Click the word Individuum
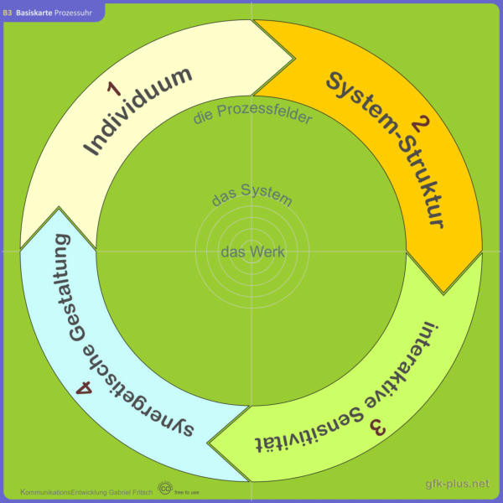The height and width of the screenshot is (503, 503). [138, 111]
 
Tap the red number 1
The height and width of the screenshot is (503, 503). [114, 89]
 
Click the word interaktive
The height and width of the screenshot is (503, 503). [402, 366]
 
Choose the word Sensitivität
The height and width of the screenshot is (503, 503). [309, 432]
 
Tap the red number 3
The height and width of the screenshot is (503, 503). [378, 427]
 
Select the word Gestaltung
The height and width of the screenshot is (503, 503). [70, 288]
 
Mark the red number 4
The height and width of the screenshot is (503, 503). [84, 387]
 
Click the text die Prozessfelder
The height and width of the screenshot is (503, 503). [252, 113]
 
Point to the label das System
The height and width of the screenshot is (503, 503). [252, 194]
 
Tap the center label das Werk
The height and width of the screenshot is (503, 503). [252, 251]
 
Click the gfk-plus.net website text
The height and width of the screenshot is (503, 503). [458, 484]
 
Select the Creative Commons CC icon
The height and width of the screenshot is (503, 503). [165, 488]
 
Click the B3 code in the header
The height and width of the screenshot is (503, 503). [8, 13]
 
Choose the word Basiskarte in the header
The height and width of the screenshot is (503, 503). [34, 13]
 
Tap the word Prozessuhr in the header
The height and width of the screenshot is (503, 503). [73, 13]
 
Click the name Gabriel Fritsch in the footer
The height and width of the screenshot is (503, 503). [131, 492]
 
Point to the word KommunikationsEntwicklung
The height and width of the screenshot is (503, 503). [64, 492]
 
